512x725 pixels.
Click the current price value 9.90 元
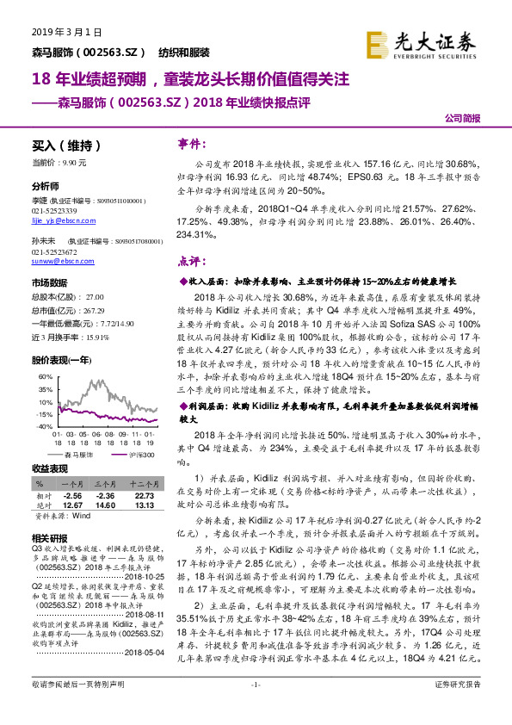tap(88, 161)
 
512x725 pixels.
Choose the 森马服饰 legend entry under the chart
tap(78, 451)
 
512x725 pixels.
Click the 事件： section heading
tap(190, 143)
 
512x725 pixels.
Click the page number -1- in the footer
tap(255, 708)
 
